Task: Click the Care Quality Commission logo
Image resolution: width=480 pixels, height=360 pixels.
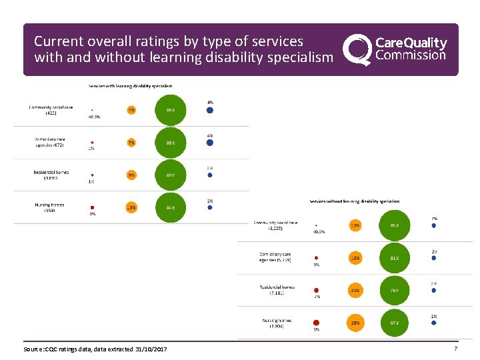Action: coord(395,50)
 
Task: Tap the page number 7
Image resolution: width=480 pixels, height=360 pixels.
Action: coord(456,349)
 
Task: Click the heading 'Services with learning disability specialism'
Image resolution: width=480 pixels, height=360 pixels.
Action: coord(131,85)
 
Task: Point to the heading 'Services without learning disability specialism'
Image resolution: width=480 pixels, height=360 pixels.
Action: coord(355,201)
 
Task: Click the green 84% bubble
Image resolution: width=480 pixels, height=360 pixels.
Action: coord(171,207)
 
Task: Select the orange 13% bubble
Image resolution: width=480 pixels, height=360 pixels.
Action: coord(131,207)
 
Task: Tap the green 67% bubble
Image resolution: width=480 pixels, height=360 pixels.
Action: coord(395,323)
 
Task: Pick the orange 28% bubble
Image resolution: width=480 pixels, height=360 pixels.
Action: coord(355,323)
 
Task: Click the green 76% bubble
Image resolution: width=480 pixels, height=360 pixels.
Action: coord(395,290)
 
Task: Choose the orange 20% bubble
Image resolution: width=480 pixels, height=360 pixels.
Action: coord(355,290)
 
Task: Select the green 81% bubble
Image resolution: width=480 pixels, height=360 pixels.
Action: coord(395,257)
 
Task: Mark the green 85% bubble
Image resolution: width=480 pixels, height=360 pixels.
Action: coord(395,225)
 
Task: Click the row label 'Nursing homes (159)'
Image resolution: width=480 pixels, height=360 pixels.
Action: coord(50,207)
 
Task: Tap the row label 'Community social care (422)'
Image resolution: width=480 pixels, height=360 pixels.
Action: coord(51,110)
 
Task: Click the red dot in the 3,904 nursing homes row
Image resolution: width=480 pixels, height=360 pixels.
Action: coord(317,323)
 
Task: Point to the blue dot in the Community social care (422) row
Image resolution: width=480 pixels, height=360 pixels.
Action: coord(210,109)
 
